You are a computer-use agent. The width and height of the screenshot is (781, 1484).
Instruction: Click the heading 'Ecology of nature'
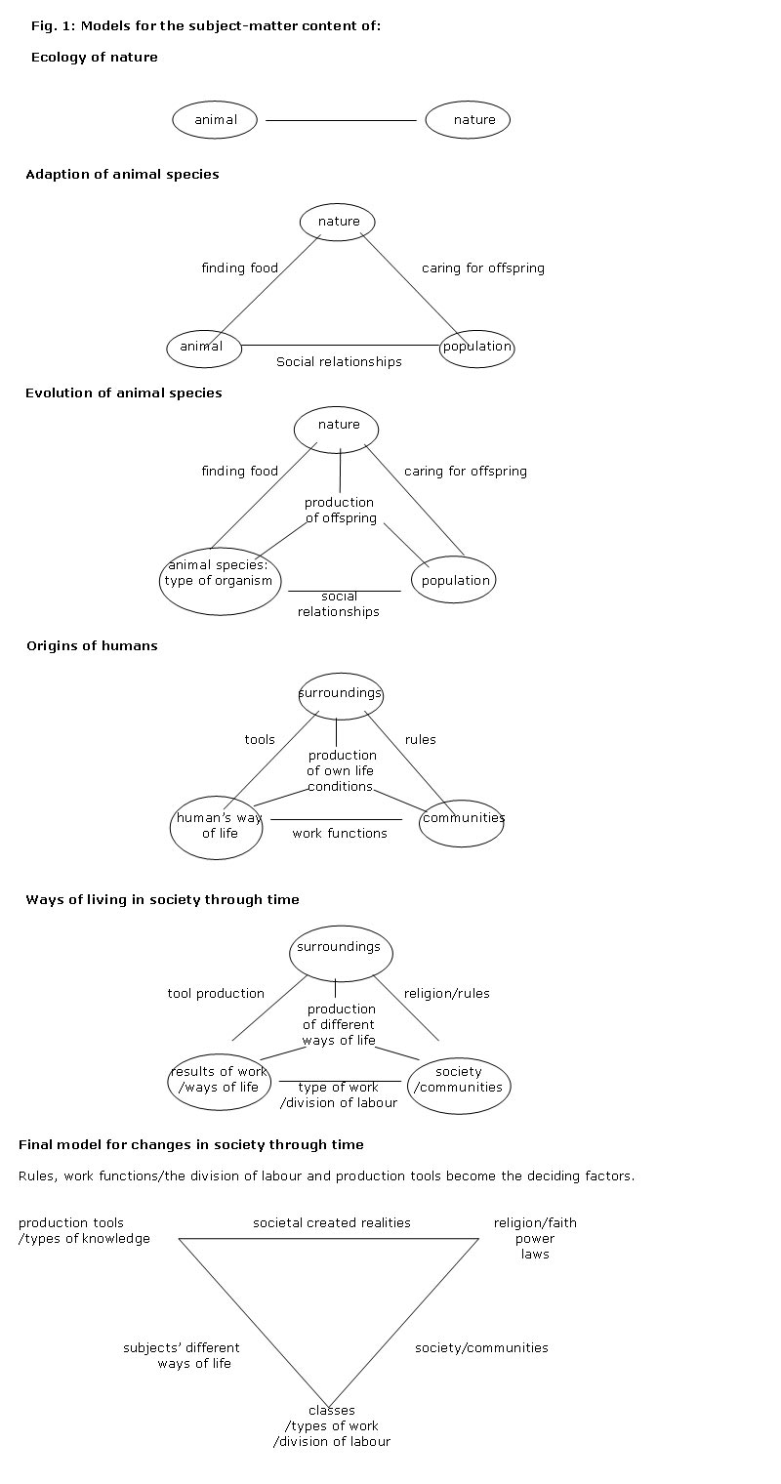click(94, 58)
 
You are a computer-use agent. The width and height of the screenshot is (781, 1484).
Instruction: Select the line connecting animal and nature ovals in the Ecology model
click(341, 120)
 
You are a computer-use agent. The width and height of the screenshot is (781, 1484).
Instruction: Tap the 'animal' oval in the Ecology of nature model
click(215, 120)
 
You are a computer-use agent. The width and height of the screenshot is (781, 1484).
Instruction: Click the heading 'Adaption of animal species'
click(122, 175)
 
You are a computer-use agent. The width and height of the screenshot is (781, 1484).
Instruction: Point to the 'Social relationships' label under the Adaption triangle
click(339, 362)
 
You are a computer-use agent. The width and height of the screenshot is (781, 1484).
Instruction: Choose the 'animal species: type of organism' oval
click(221, 581)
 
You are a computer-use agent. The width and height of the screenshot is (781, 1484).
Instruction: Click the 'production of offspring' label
click(340, 511)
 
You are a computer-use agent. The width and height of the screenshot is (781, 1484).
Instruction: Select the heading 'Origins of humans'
click(92, 646)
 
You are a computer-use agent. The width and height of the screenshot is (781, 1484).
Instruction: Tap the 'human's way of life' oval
click(218, 826)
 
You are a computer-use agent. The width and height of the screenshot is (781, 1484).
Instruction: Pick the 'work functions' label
click(340, 834)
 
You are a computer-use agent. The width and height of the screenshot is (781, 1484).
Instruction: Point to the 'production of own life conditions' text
click(341, 770)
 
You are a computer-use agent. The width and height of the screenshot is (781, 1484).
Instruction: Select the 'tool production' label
click(216, 994)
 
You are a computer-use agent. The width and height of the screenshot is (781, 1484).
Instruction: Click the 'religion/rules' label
click(446, 994)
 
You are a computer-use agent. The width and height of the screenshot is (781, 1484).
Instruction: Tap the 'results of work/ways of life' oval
click(219, 1080)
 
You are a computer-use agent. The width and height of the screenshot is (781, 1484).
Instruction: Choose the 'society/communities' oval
click(459, 1080)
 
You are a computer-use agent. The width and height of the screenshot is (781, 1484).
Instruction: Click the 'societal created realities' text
click(332, 1223)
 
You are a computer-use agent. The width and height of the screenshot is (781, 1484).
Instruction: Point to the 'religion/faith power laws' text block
click(535, 1238)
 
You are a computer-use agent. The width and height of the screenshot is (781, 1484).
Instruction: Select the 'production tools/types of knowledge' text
click(84, 1231)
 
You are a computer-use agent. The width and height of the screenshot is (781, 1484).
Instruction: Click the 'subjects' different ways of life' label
click(183, 1355)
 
